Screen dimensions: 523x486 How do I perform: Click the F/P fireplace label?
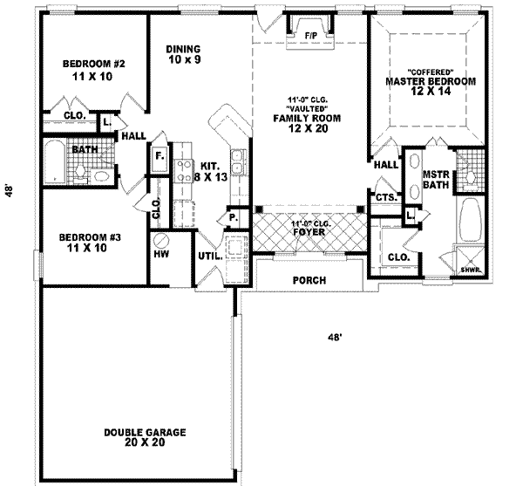311,36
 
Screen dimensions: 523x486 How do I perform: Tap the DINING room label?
183,49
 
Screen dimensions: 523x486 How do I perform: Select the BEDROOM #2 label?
94,64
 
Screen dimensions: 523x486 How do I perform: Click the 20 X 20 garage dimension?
145,442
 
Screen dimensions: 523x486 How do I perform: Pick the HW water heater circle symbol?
162,240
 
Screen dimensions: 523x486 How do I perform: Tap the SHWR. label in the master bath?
471,270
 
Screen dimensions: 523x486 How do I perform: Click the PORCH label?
309,280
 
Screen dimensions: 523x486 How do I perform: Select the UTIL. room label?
210,256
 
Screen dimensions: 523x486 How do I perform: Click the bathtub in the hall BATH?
55,162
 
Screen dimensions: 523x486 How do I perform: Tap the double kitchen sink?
238,162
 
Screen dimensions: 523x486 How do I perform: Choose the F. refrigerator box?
160,156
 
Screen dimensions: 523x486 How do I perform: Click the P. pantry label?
234,218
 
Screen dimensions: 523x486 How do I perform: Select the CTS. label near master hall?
386,197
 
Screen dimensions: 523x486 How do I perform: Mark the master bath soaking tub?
471,220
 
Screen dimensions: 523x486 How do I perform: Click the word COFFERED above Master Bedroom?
431,72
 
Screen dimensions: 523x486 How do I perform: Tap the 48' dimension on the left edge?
9,190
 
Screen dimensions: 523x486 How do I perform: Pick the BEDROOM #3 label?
90,237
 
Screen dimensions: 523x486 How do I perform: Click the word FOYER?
309,231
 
